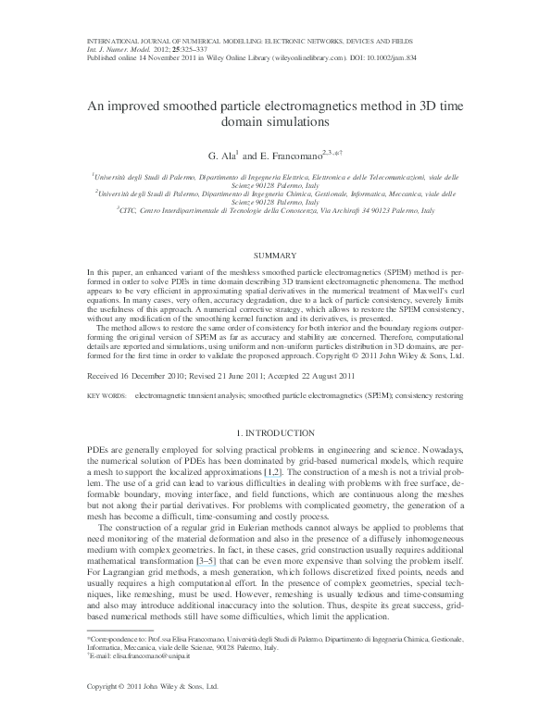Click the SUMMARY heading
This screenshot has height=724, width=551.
275,253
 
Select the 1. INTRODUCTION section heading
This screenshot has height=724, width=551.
275,433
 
